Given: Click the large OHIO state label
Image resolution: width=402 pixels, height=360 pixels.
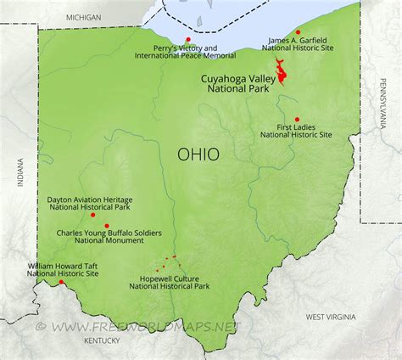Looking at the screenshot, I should (197, 154).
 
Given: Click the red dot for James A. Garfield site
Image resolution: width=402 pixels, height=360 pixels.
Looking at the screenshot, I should (298, 31).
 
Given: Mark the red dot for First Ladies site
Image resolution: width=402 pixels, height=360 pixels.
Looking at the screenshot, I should (297, 119).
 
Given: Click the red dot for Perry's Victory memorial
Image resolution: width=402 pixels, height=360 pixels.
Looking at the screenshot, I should (187, 38).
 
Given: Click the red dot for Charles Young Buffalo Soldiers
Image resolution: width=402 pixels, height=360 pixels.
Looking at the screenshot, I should (106, 225).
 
